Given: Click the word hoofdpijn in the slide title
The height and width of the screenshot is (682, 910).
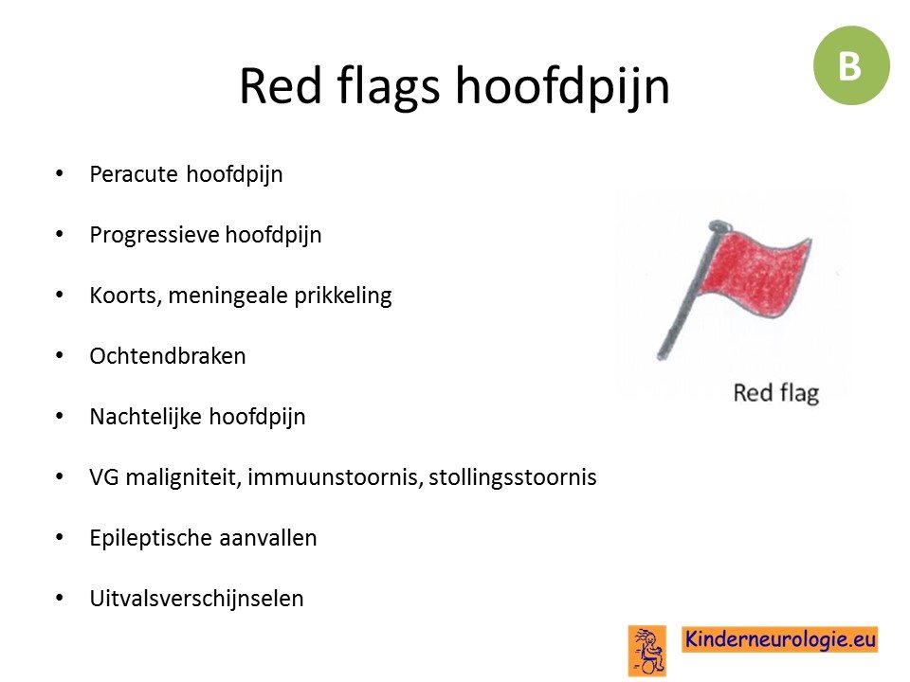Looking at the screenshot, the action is tap(562, 87).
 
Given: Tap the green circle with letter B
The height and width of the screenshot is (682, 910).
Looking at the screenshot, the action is tap(851, 65).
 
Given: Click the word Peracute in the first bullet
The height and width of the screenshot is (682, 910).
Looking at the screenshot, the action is tap(134, 174).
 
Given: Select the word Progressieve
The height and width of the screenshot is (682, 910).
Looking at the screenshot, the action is tap(154, 236).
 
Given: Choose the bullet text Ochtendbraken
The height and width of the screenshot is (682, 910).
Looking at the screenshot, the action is tap(168, 356).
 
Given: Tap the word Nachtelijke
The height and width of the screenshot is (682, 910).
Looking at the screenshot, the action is tap(146, 417).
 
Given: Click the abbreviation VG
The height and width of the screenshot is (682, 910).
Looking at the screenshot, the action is tap(104, 477).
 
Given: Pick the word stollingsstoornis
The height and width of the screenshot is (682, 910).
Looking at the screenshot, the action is tap(513, 477).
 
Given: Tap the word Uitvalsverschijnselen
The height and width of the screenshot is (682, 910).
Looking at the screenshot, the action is tap(196, 599).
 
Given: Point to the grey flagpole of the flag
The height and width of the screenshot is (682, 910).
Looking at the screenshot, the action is tap(688, 290).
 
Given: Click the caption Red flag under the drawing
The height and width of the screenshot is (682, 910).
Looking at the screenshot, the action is tap(776, 393).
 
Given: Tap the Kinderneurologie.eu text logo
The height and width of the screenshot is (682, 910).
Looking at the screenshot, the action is tap(779, 639).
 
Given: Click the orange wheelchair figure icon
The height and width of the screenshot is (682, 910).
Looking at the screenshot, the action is tap(647, 651).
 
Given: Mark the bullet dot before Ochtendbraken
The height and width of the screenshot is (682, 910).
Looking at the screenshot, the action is tap(59, 355).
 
